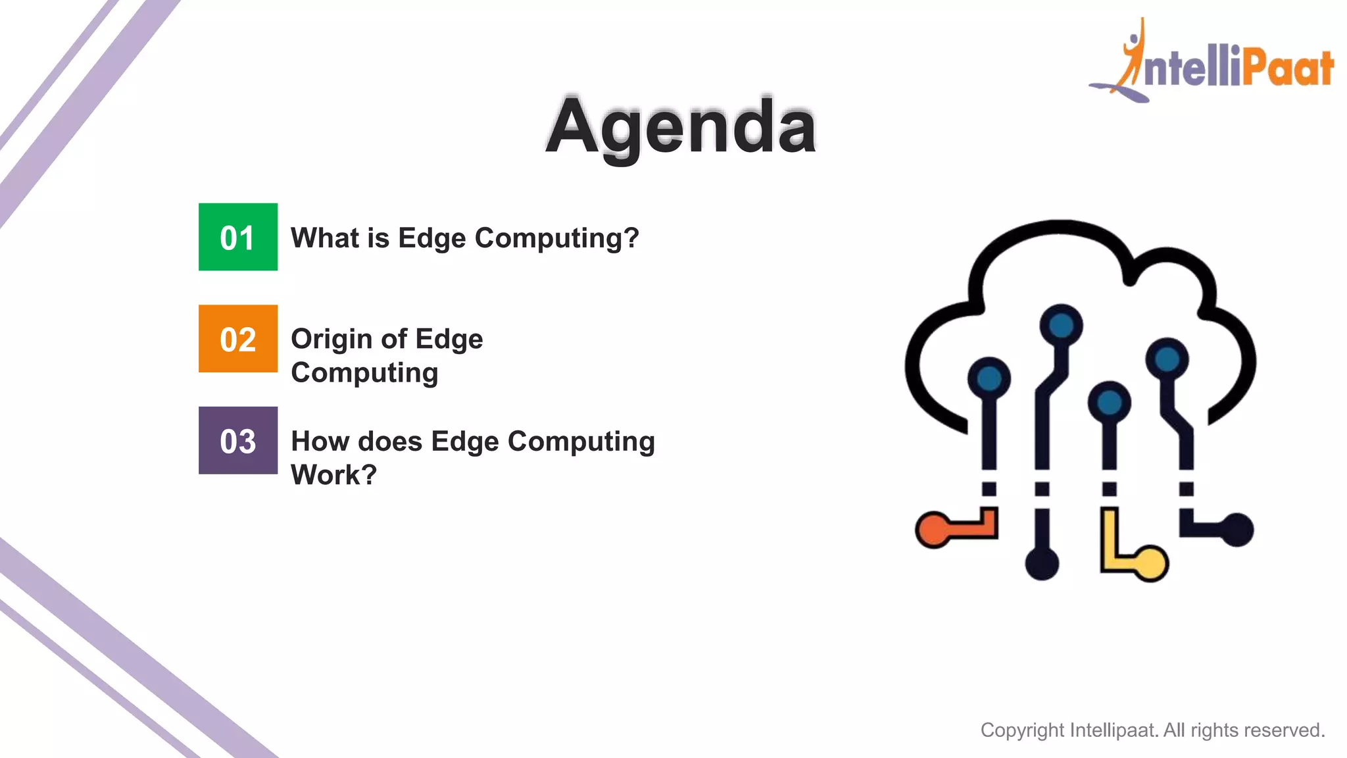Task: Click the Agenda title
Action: pos(681,126)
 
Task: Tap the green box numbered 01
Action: pos(238,237)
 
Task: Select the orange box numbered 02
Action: pos(238,339)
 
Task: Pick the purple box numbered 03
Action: pos(238,440)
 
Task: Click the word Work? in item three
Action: pos(333,474)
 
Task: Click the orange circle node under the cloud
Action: pos(933,530)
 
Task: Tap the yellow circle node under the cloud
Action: pos(1152,563)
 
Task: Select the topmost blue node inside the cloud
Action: pos(1061,325)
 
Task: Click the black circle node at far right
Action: pos(1237,530)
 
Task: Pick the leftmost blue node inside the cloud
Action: pos(989,378)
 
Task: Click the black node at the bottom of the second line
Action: pos(1042,563)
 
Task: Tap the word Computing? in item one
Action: pos(556,238)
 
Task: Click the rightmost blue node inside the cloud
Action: pos(1167,359)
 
